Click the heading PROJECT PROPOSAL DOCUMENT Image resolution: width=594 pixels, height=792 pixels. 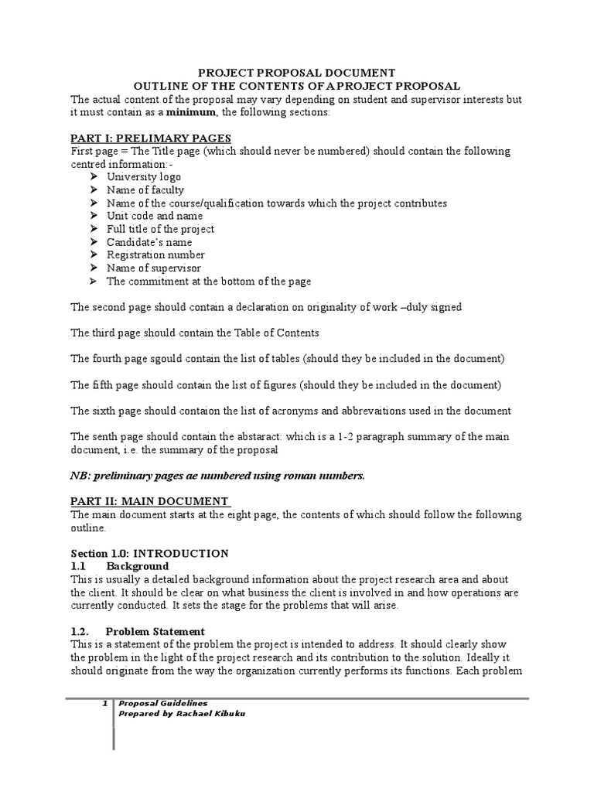click(297, 72)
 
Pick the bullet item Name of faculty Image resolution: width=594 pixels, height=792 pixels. click(145, 190)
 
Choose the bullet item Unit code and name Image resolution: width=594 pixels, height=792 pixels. click(155, 216)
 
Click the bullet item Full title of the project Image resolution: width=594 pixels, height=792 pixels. click(160, 229)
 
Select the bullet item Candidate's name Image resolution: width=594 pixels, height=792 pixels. click(149, 242)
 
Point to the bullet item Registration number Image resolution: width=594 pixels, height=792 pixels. click(155, 255)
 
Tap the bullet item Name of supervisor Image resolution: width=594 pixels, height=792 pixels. click(153, 268)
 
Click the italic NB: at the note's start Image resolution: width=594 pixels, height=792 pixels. click(80, 476)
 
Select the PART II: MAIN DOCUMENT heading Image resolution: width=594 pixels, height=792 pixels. click(149, 501)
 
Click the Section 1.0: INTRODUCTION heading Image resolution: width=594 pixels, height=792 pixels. click(150, 553)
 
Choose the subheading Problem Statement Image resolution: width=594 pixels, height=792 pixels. click(155, 631)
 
